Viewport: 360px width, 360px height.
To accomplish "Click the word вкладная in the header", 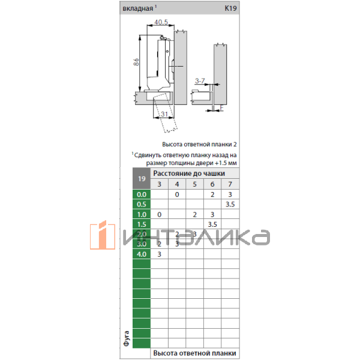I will pyautogui.click(x=137, y=9).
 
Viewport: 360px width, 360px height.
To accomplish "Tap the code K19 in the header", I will pyautogui.click(x=230, y=9).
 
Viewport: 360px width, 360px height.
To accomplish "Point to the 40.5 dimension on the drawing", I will pyautogui.click(x=160, y=22).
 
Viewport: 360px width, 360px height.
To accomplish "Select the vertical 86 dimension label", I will pyautogui.click(x=136, y=63).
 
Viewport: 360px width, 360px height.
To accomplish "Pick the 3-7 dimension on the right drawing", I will pyautogui.click(x=200, y=80).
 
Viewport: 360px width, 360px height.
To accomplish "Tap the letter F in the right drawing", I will pyautogui.click(x=221, y=108).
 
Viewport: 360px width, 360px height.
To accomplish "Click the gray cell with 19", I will pyautogui.click(x=142, y=179).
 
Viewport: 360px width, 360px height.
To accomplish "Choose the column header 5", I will pyautogui.click(x=194, y=184).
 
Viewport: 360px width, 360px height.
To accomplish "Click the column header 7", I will pyautogui.click(x=230, y=184).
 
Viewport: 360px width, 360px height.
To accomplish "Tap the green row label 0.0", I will pyautogui.click(x=142, y=195).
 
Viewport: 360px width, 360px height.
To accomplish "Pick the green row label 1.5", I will pyautogui.click(x=142, y=224).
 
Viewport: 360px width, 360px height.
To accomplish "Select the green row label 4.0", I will pyautogui.click(x=142, y=254).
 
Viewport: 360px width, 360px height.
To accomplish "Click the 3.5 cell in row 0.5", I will pyautogui.click(x=230, y=205).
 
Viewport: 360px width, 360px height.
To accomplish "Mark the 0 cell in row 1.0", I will pyautogui.click(x=159, y=215).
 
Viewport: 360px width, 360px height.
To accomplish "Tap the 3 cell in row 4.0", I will pyautogui.click(x=159, y=254).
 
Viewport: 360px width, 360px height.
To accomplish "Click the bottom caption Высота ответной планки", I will pyautogui.click(x=194, y=353).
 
